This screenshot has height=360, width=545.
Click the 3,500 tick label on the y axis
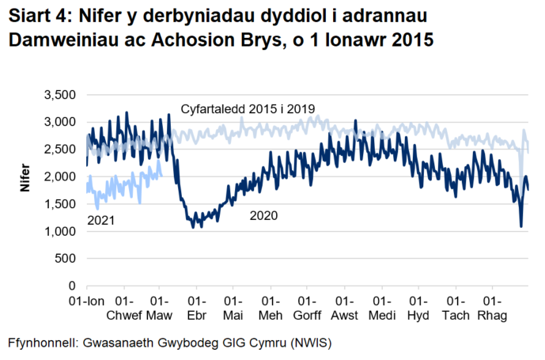click(59, 95)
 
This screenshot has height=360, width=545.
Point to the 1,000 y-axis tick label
click(59, 231)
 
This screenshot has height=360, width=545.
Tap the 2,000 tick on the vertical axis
click(59, 176)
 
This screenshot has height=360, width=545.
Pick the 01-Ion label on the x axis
click(86, 301)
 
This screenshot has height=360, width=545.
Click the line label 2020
click(263, 215)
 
